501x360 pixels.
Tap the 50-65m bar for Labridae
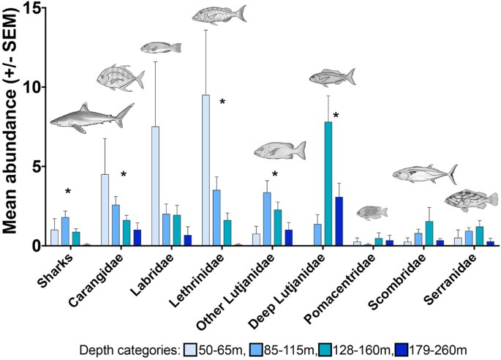pyautogui.click(x=155, y=186)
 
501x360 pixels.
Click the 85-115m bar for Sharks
pyautogui.click(x=65, y=231)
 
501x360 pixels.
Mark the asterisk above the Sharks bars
pyautogui.click(x=67, y=192)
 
